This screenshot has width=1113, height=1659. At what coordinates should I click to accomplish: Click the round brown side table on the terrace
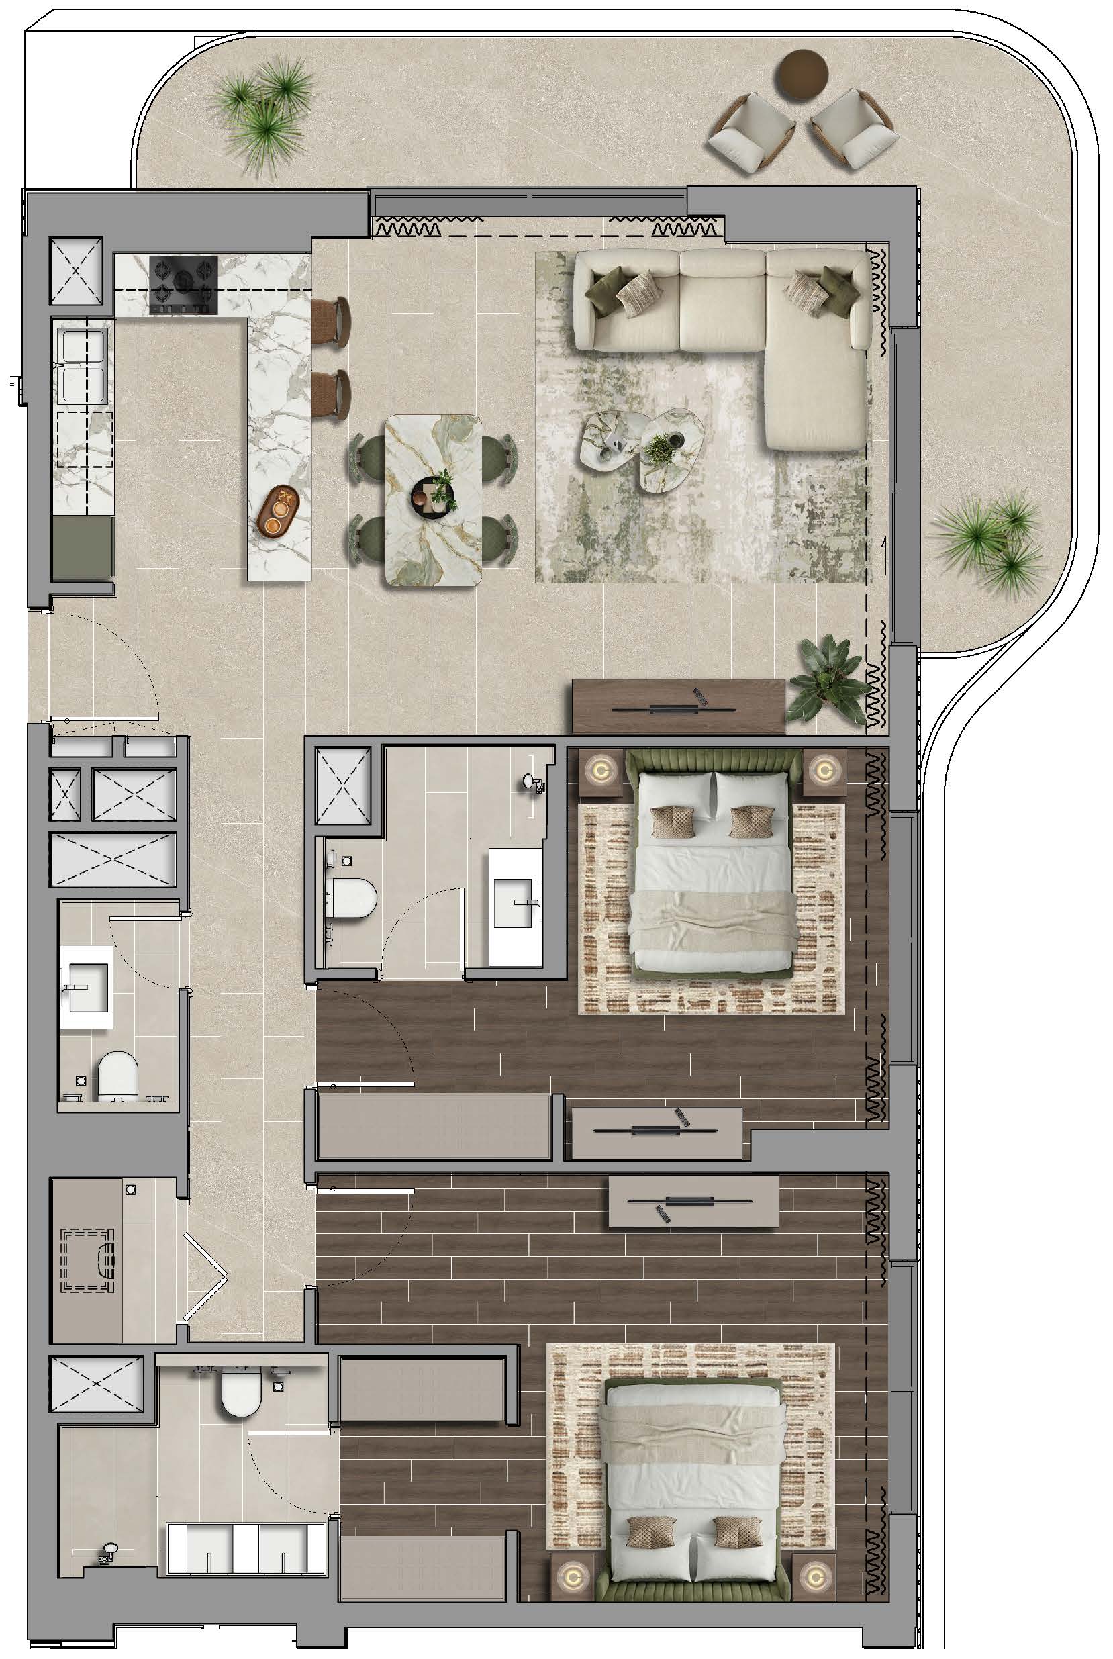pyautogui.click(x=804, y=74)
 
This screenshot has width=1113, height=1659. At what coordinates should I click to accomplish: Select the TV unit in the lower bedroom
pyautogui.click(x=693, y=1201)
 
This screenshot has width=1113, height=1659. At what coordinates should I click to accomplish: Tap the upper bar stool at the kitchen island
pyautogui.click(x=332, y=320)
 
